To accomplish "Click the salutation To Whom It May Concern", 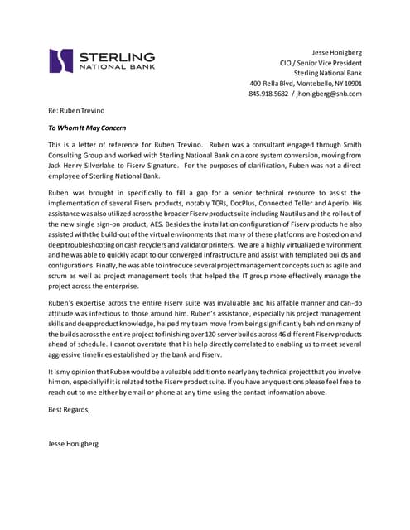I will (x=87, y=128).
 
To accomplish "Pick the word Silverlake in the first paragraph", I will (x=112, y=165).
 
